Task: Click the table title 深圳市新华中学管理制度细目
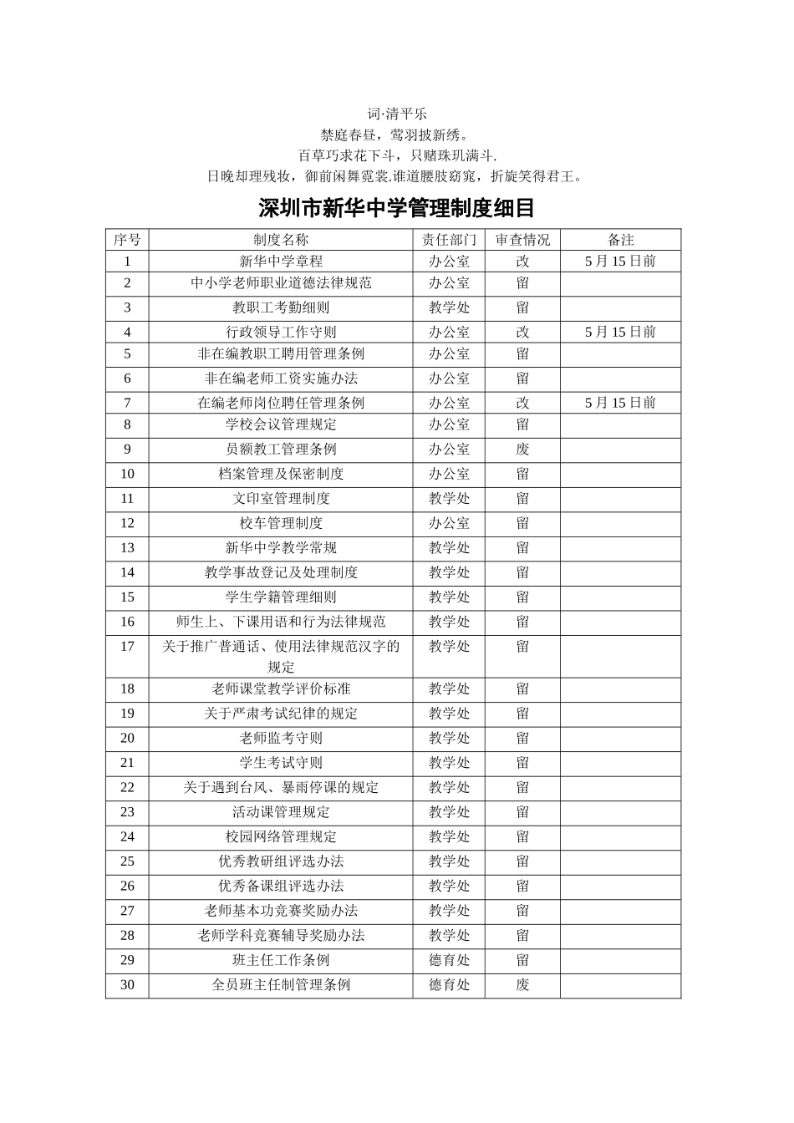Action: pos(396,207)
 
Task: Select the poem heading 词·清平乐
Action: pos(397,113)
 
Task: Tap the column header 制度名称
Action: pos(281,240)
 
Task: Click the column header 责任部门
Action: pos(450,240)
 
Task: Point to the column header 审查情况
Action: pos(522,240)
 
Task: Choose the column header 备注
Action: pos(620,240)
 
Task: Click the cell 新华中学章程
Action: pos(281,261)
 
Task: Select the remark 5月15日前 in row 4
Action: pos(620,332)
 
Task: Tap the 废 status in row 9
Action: pos(522,450)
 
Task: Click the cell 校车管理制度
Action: pos(281,523)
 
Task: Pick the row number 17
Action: pos(127,646)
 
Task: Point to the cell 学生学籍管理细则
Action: pos(281,597)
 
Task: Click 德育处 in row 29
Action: pos(450,960)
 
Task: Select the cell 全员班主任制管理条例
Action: pos(281,984)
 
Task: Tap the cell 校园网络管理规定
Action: pos(281,836)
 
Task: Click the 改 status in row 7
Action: pos(522,403)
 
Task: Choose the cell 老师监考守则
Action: pos(281,738)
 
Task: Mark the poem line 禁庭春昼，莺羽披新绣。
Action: pos(397,134)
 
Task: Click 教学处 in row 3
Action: pos(450,307)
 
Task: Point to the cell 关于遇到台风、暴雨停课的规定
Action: pos(281,787)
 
